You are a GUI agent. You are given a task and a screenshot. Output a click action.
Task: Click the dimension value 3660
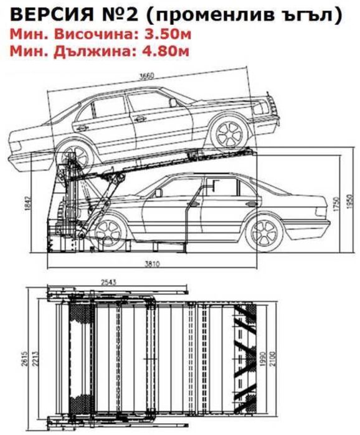146,76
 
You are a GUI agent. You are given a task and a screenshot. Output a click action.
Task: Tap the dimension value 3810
152,264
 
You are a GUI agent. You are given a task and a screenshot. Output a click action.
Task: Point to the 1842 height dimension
28,203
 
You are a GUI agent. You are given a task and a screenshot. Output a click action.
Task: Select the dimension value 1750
337,204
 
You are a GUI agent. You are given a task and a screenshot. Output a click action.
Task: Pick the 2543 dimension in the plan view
108,282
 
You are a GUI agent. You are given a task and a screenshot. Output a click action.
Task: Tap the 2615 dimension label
24,359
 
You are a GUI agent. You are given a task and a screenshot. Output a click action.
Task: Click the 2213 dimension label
36,359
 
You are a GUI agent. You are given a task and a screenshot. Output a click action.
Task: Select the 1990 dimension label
263,358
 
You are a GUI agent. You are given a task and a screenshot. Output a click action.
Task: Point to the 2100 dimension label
273,358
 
